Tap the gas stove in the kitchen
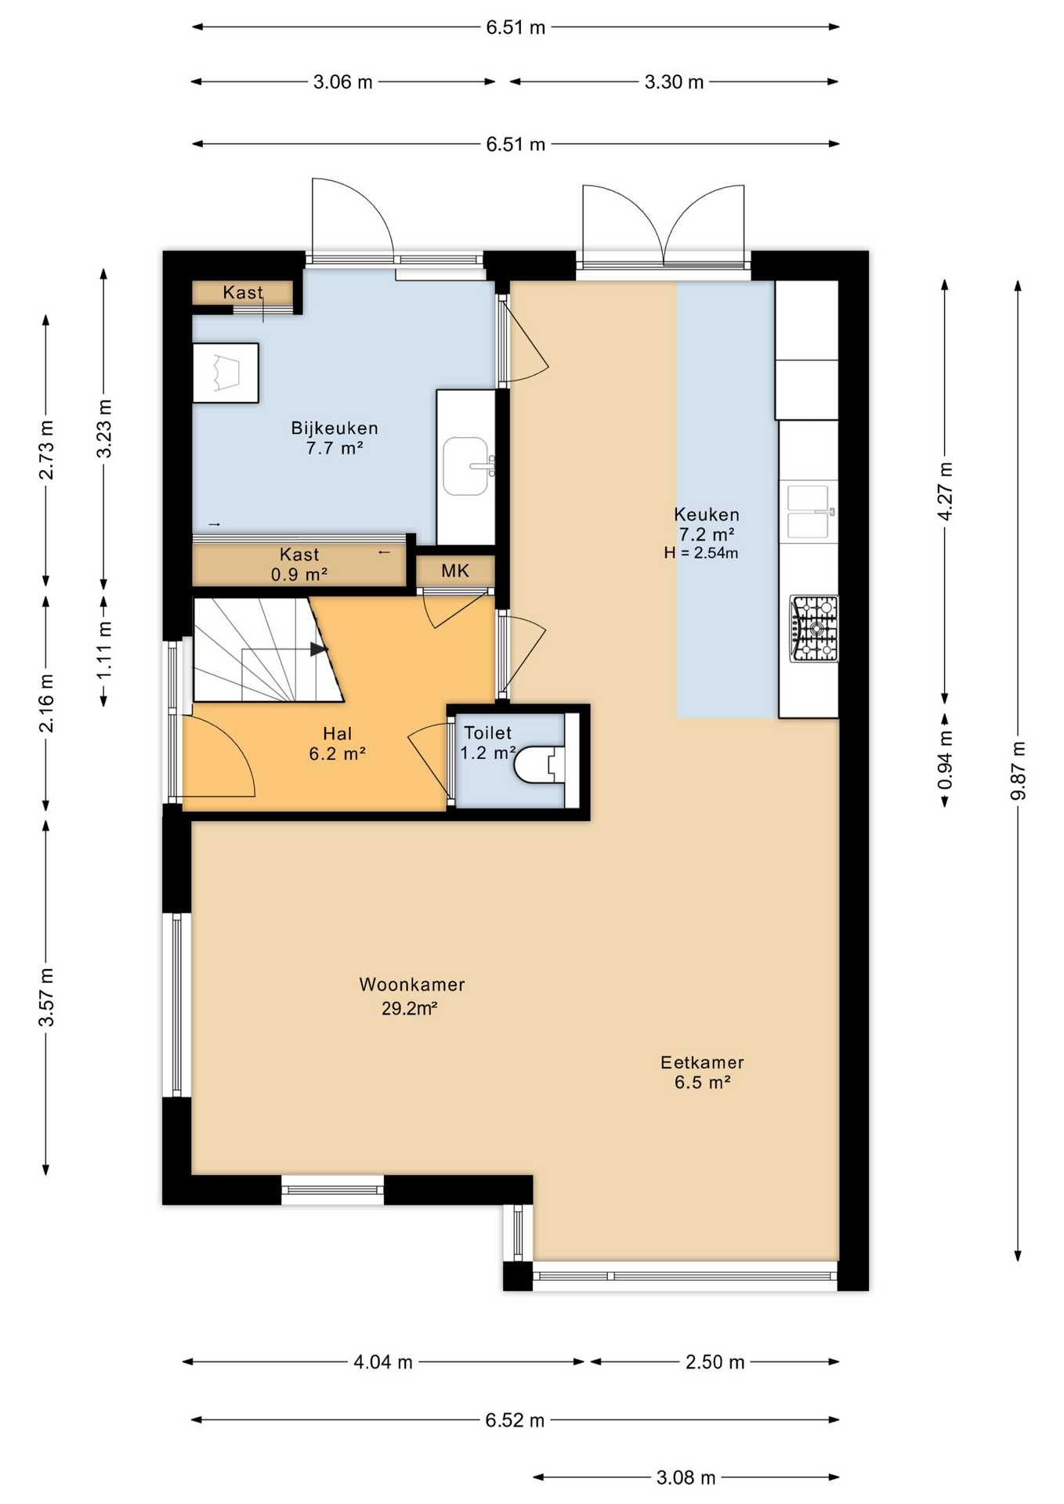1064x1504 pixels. pyautogui.click(x=814, y=629)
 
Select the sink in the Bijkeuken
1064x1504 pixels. pyautogui.click(x=465, y=466)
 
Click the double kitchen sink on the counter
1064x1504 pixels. pyautogui.click(x=808, y=512)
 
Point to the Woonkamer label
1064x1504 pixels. pyautogui.click(x=412, y=985)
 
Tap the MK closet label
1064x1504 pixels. pyautogui.click(x=455, y=571)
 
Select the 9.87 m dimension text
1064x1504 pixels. pyautogui.click(x=1018, y=771)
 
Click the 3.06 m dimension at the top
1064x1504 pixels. pyautogui.click(x=343, y=82)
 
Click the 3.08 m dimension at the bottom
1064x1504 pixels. pyautogui.click(x=686, y=1477)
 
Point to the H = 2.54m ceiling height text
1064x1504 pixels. pyautogui.click(x=701, y=553)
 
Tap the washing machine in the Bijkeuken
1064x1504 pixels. pyautogui.click(x=226, y=373)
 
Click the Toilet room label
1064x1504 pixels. pyautogui.click(x=487, y=733)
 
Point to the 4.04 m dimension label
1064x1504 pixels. pyautogui.click(x=382, y=1362)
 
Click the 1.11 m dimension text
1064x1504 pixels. pyautogui.click(x=104, y=650)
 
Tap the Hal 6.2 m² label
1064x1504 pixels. pyautogui.click(x=338, y=743)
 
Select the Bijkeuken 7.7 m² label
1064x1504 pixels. pyautogui.click(x=335, y=438)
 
